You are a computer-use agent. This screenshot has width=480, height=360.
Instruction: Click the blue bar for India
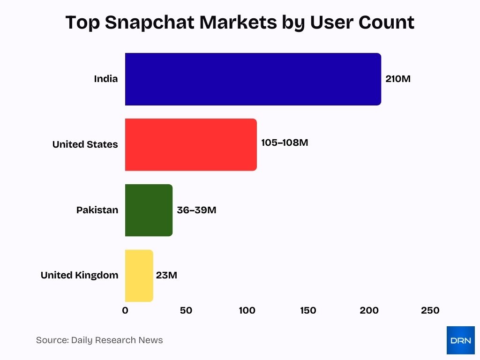pos(253,79)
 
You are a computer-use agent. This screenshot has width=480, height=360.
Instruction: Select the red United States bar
pos(191,144)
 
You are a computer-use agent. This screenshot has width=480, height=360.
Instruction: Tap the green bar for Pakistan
pos(149,210)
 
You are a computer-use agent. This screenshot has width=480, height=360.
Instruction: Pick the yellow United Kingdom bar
pos(139,275)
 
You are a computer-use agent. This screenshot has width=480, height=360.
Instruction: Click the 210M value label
pos(397,79)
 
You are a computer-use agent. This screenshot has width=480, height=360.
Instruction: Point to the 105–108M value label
pos(285,142)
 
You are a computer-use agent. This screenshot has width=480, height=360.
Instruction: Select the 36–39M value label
pos(196,210)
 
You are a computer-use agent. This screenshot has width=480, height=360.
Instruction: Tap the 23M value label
pos(166,275)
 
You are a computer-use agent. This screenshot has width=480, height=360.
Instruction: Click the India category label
pos(106,79)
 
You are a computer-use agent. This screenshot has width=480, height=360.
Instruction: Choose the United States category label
pos(85,144)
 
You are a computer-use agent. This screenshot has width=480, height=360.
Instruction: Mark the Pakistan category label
pos(97,210)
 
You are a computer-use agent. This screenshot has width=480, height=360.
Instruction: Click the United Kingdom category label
pos(79,275)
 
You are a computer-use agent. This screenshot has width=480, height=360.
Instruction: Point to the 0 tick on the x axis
pos(125,310)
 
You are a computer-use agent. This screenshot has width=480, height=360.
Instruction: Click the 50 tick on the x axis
pos(186,310)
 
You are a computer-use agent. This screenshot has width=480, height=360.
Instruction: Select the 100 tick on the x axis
pos(247,310)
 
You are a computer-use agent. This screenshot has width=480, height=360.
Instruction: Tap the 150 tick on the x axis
pos(308,310)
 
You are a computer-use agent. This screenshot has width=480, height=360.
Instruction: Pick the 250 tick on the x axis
pos(430,310)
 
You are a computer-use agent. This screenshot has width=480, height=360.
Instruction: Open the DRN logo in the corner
pos(460,340)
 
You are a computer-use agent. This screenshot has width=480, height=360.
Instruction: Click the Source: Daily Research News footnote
pos(99,340)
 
